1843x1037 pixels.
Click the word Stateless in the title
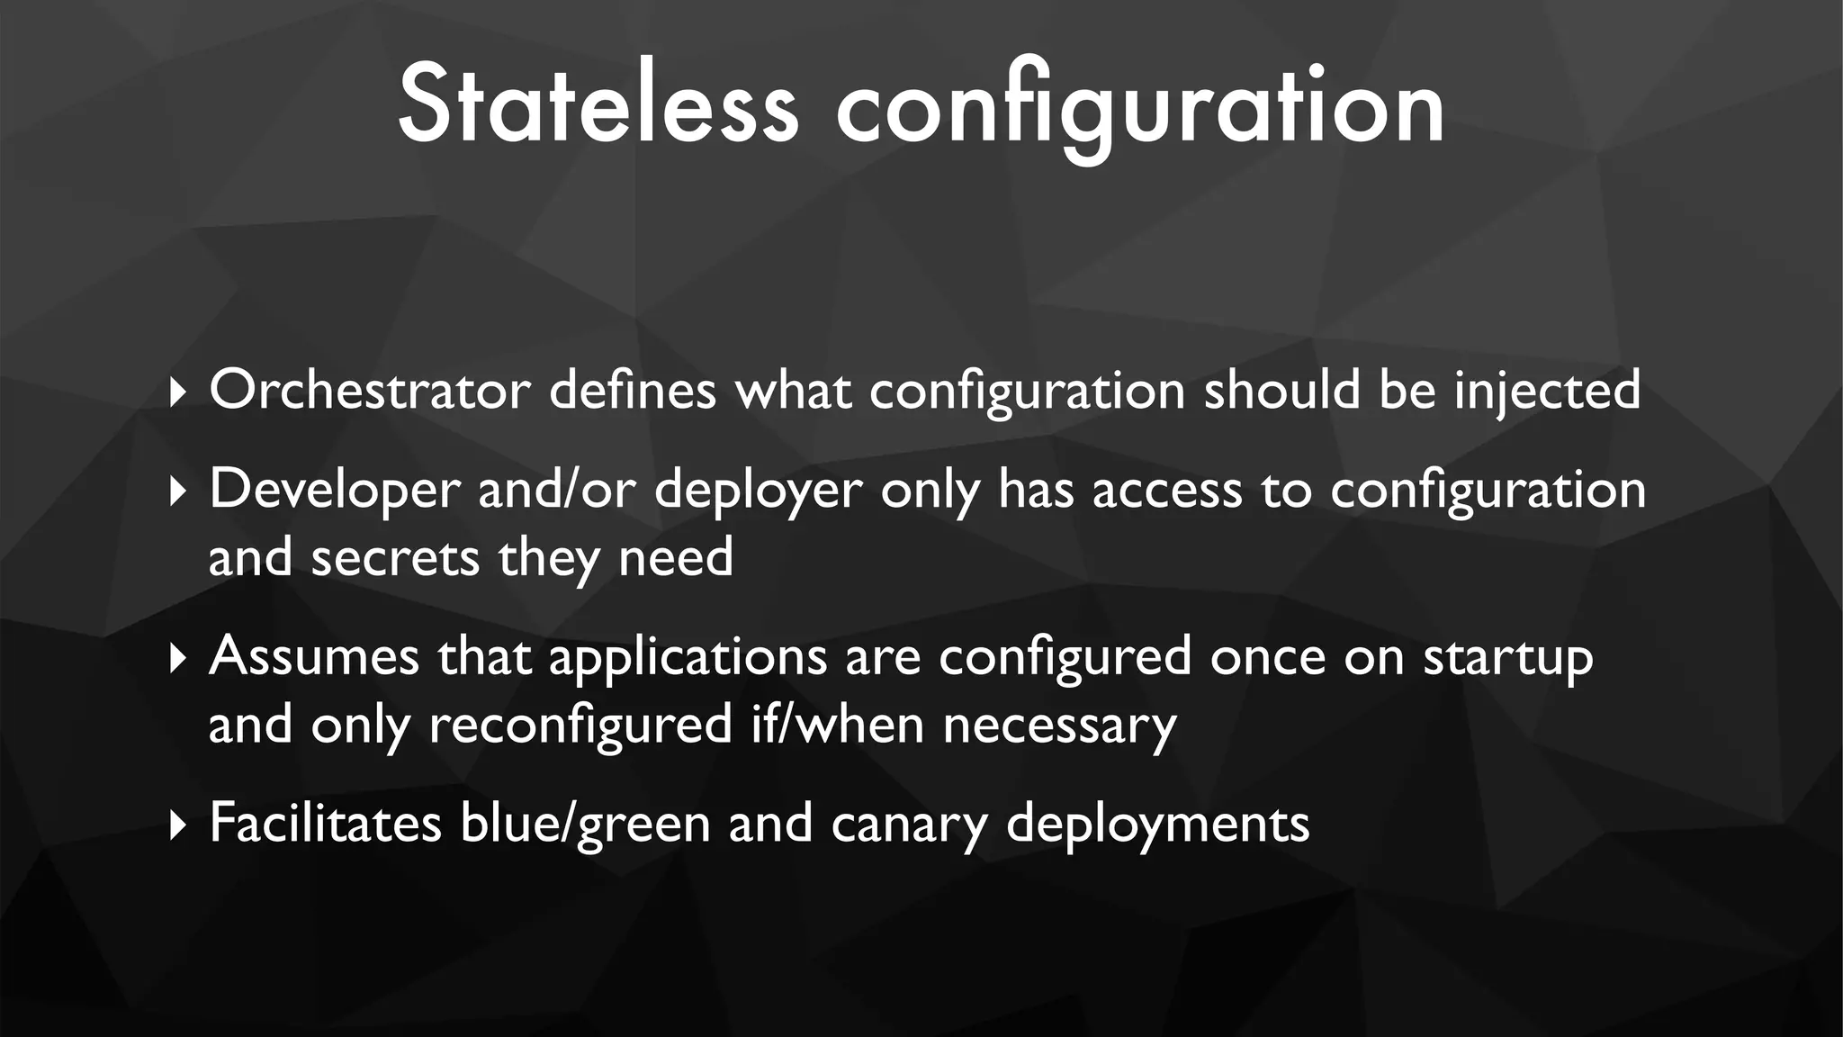[598, 106]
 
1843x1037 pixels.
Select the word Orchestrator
[370, 391]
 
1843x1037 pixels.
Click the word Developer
[335, 491]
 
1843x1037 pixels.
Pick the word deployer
[758, 491]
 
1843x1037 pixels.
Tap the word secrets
[395, 557]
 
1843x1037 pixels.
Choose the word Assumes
[314, 656]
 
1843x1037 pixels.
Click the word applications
[688, 658]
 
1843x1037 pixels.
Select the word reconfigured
[580, 725]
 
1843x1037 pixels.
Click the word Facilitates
[325, 823]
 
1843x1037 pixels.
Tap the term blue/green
[585, 825]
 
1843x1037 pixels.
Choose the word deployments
[1157, 825]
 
